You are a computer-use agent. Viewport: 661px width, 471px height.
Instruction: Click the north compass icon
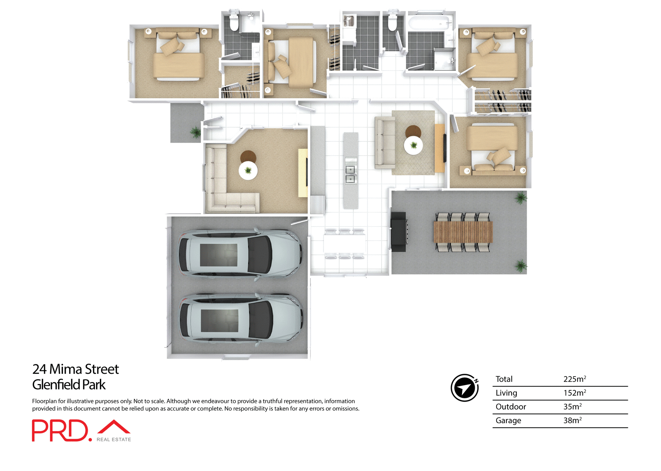tap(464, 388)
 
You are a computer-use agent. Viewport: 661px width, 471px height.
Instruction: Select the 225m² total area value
tap(574, 379)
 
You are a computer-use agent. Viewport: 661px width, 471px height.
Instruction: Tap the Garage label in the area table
tap(508, 421)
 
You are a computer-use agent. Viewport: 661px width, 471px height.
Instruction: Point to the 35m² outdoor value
tap(572, 407)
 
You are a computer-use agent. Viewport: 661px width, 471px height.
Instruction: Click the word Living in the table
tap(506, 393)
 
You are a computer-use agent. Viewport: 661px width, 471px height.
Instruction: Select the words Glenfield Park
tap(69, 385)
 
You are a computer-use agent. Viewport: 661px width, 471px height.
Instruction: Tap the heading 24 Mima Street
tap(75, 369)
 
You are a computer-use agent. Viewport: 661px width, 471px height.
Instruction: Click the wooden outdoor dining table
tap(463, 232)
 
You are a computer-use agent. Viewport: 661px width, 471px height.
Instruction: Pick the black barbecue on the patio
tap(399, 231)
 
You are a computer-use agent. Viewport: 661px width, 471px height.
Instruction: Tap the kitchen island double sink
tap(350, 174)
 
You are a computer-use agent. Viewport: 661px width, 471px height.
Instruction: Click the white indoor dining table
tap(344, 243)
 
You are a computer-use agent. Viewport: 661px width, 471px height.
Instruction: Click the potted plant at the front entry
tap(196, 132)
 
